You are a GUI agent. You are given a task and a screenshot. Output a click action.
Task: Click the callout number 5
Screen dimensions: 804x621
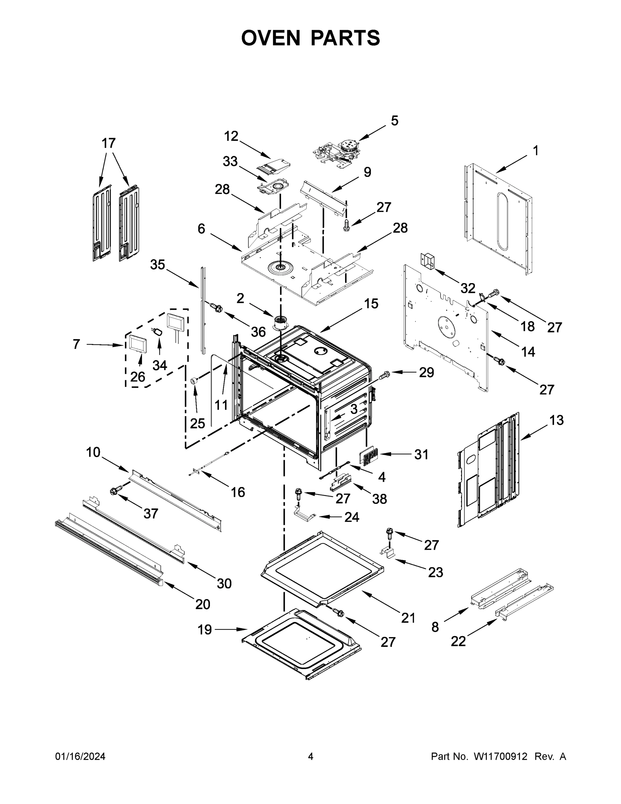point(394,121)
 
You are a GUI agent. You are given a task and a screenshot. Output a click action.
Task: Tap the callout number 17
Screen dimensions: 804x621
point(108,143)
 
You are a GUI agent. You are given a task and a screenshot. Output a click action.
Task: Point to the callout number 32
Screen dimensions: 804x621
point(468,288)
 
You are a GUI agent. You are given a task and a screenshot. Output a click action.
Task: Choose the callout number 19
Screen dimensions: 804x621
point(205,629)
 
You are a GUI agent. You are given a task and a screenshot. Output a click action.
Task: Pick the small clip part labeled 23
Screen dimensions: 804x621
point(388,552)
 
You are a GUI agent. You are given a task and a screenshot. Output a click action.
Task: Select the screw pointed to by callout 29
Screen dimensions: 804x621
point(384,376)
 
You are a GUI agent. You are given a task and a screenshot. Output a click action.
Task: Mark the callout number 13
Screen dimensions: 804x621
point(556,420)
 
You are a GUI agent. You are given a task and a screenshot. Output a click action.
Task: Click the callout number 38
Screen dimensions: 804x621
point(379,499)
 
